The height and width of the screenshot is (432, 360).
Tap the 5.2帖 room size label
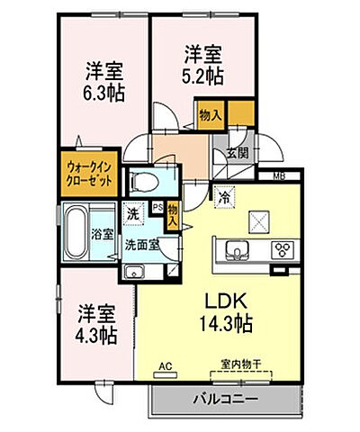point(203,76)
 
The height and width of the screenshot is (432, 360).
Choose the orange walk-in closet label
point(88,172)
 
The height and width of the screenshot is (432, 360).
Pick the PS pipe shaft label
point(157,206)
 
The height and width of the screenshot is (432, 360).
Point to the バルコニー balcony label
point(224,397)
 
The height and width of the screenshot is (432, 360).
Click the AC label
point(164,365)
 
